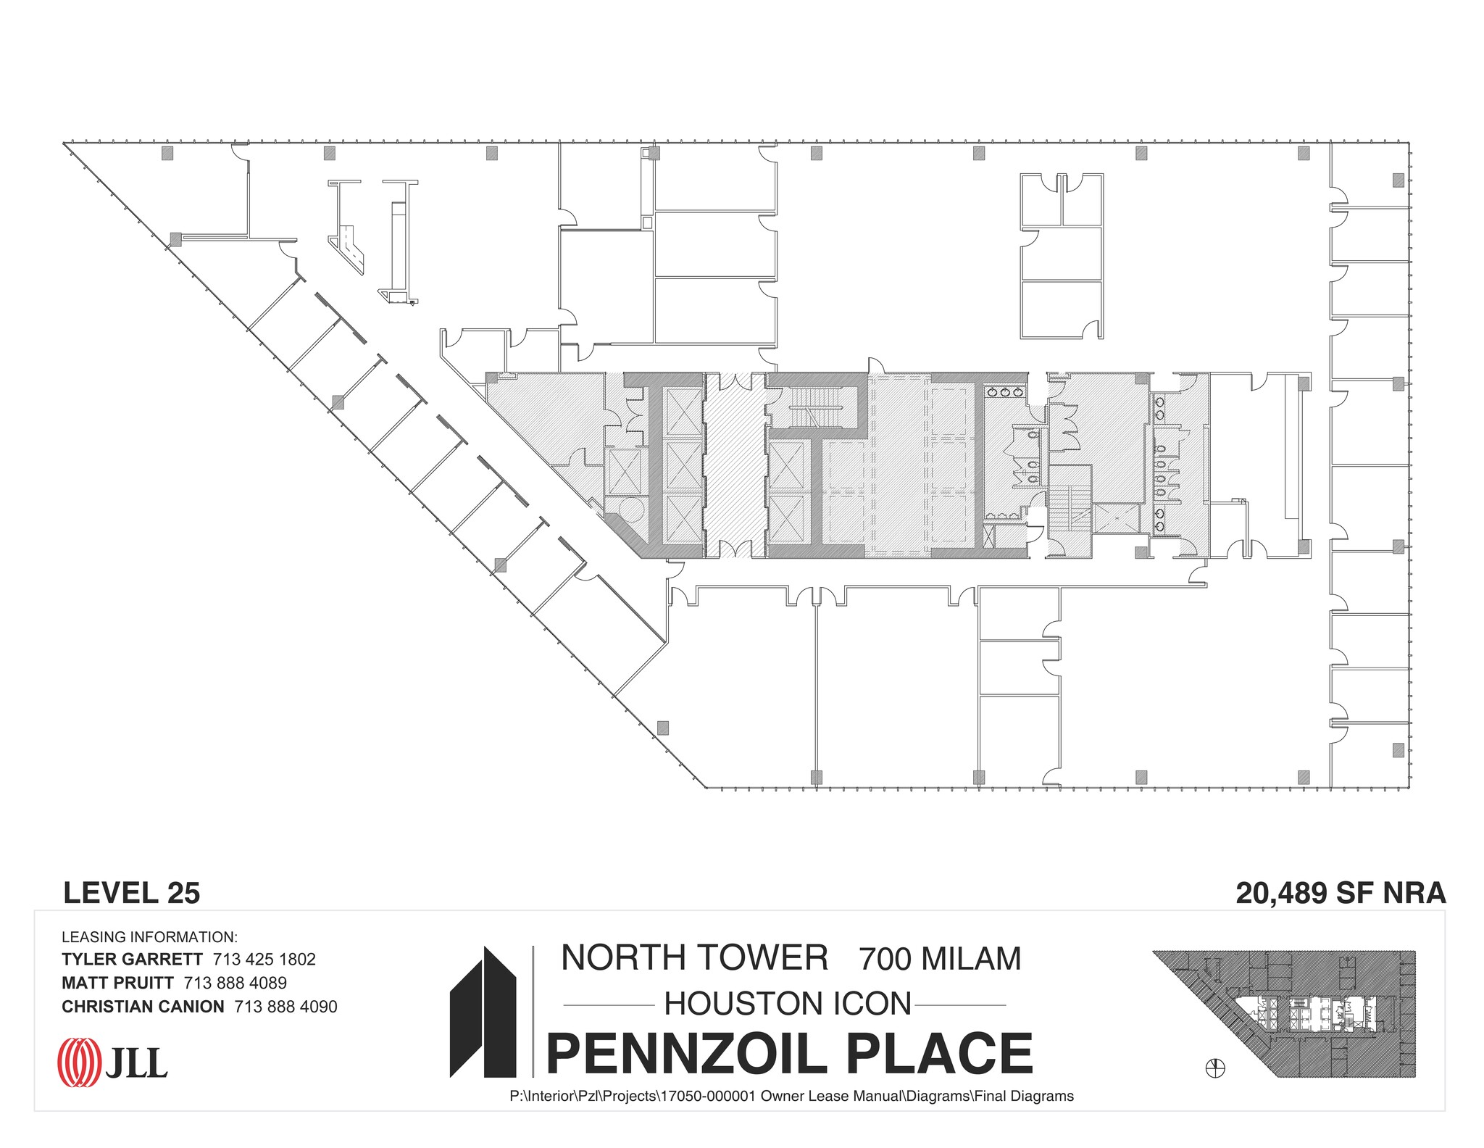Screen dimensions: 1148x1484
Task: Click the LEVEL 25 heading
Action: (x=131, y=893)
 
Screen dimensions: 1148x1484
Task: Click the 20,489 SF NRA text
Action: (x=1340, y=893)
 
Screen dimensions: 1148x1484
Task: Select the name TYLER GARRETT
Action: (x=132, y=959)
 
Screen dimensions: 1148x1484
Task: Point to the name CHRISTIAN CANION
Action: (x=143, y=1007)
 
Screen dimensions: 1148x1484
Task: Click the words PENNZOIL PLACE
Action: (x=789, y=1054)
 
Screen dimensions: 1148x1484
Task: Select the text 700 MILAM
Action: (x=940, y=959)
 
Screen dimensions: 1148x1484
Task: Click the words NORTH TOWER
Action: (x=694, y=957)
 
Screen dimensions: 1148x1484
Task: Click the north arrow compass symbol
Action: (x=1215, y=1068)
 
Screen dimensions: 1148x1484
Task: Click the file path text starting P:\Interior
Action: (x=791, y=1097)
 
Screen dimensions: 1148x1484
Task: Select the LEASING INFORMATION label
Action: (x=149, y=937)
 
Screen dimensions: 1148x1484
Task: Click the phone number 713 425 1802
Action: (x=264, y=959)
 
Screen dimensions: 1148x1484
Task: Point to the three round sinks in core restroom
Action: (x=1006, y=392)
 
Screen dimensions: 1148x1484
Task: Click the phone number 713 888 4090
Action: (x=285, y=1007)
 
